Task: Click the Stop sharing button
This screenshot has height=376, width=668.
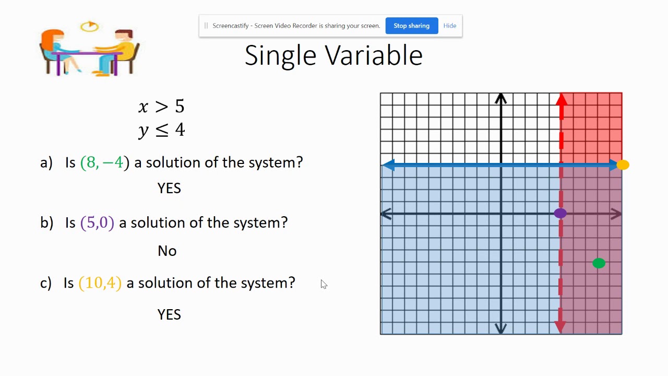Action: pos(411,26)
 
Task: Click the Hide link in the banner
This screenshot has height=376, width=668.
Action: pos(449,26)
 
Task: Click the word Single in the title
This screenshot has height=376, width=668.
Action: pos(280,55)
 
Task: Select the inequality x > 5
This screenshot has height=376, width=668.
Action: pos(161,107)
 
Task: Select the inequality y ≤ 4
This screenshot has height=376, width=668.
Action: pos(161,130)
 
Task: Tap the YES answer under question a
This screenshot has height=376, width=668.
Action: pos(169,189)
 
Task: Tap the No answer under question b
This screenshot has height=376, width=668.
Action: pos(167,251)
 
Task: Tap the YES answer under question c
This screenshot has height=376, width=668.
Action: pos(169,314)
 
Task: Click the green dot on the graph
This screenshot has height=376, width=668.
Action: pos(599,264)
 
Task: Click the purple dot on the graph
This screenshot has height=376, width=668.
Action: pos(560,213)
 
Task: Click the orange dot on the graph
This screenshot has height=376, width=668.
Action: pos(623,165)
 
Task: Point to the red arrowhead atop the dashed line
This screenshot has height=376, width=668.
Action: pos(562,100)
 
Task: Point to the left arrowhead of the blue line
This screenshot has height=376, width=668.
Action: pos(388,166)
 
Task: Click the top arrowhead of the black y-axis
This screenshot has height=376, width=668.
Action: pos(501,98)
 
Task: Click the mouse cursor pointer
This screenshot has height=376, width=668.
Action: pos(324,284)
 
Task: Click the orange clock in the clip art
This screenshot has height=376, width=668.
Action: pos(90,27)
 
